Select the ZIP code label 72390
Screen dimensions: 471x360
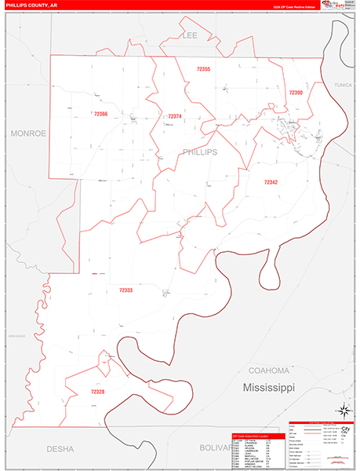coord(296,93)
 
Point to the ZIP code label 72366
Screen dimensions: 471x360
coord(100,114)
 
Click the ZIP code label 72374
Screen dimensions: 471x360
coord(174,117)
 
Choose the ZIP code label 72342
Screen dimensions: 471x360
coord(271,181)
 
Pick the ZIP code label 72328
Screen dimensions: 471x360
coord(97,391)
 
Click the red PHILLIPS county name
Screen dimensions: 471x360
coord(199,152)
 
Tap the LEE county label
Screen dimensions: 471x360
coord(190,35)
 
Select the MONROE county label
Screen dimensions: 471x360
coord(29,133)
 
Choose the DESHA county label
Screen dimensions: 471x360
coord(60,449)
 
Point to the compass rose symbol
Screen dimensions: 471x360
coord(343,409)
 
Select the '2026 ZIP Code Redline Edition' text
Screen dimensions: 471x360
coord(294,6)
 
